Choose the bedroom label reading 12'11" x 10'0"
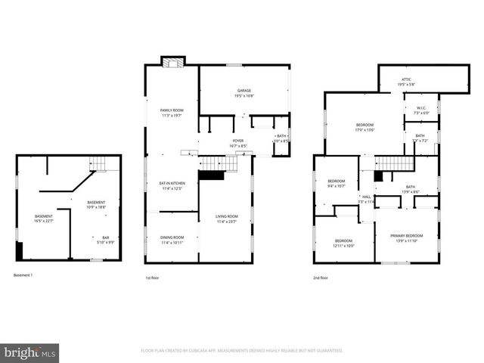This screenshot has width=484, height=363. [x=344, y=242]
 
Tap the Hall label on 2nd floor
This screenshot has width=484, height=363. [x=366, y=199]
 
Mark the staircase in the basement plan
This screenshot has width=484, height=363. [x=95, y=163]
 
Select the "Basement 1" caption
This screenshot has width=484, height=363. [x=23, y=275]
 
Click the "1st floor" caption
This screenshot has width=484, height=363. [x=152, y=278]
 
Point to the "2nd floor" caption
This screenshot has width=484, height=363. [x=321, y=278]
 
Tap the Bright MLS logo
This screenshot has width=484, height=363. [x=30, y=352]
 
